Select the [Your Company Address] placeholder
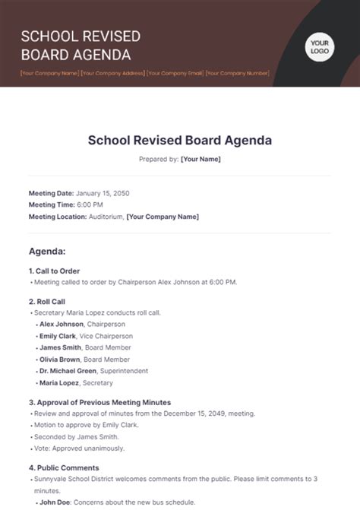pyautogui.click(x=113, y=74)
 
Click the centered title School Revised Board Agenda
pyautogui.click(x=180, y=141)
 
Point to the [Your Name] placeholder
pyautogui.click(x=201, y=160)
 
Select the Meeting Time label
pyautogui.click(x=52, y=204)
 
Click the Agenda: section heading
pyautogui.click(x=47, y=251)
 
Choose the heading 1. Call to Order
pyautogui.click(x=54, y=271)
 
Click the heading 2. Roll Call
pyautogui.click(x=47, y=302)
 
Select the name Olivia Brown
pyautogui.click(x=60, y=360)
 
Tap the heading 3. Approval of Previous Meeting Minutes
pyautogui.click(x=99, y=402)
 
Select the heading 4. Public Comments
pyautogui.click(x=64, y=468)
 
